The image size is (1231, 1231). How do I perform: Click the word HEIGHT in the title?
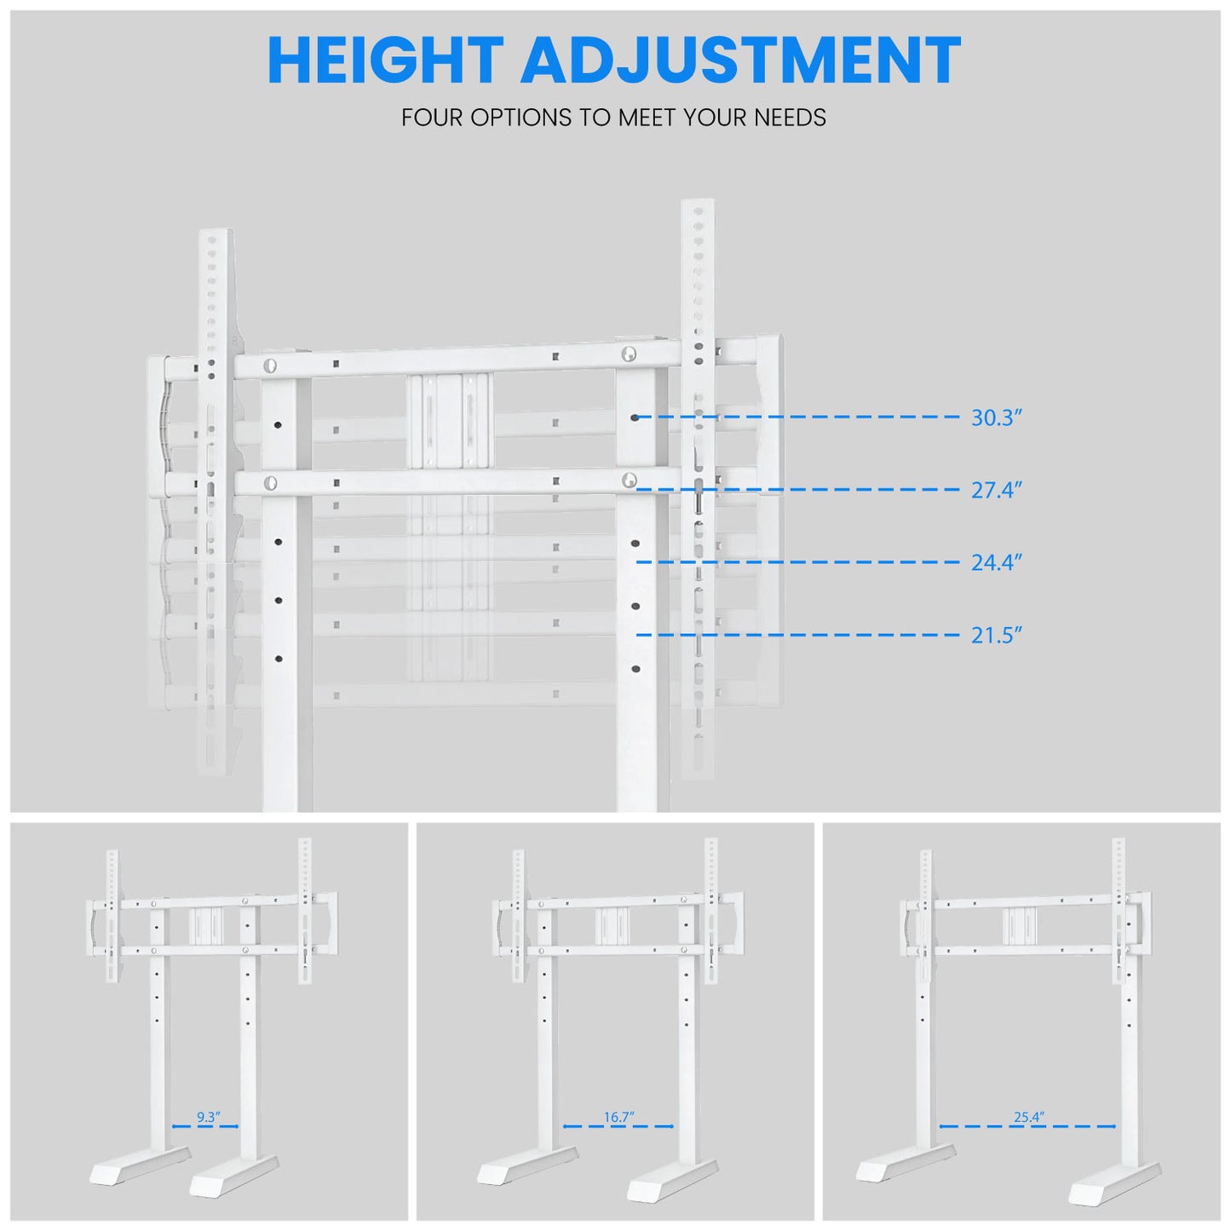point(385,61)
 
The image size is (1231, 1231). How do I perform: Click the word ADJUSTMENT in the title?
point(740,61)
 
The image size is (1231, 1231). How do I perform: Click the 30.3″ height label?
point(996,418)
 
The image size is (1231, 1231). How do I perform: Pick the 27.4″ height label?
point(996,491)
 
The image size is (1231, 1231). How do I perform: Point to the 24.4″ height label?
point(996,563)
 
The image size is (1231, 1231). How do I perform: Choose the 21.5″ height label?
point(996,636)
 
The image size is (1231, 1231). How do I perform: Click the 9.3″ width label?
point(208,1117)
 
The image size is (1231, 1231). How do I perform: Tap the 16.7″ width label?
point(618,1117)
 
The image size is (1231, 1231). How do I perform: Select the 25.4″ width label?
point(1028,1117)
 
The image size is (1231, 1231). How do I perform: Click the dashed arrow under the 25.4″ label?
point(1027,1126)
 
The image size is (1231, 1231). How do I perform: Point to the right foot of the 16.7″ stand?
point(671,1181)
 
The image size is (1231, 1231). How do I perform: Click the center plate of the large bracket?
point(449,421)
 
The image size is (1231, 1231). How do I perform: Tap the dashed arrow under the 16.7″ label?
point(618,1126)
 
